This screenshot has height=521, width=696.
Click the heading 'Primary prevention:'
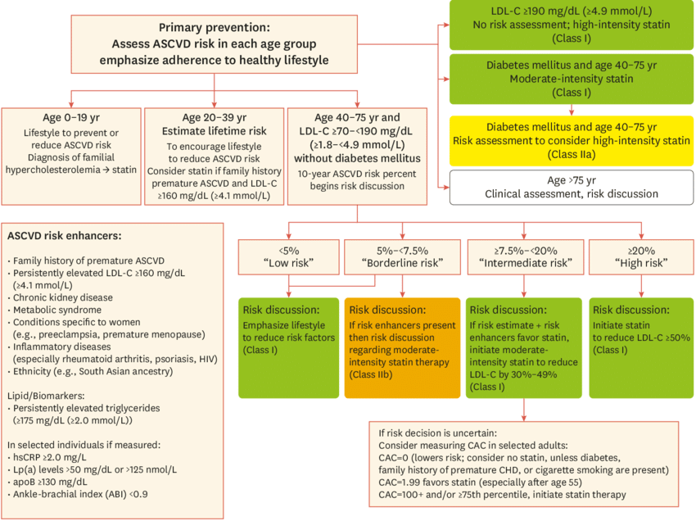(214, 28)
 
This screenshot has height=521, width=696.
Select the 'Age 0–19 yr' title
(71, 118)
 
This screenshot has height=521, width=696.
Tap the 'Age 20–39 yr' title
(214, 118)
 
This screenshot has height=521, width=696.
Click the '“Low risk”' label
(288, 263)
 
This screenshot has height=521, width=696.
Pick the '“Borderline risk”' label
(402, 263)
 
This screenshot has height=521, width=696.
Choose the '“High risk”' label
(641, 263)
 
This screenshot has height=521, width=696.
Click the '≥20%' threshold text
(641, 251)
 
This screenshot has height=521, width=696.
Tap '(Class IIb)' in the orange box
(371, 375)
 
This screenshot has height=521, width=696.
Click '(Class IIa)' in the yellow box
(572, 155)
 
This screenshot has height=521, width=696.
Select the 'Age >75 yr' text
(572, 180)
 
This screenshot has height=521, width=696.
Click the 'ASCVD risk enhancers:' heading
(65, 236)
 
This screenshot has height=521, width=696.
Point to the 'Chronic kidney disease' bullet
(62, 297)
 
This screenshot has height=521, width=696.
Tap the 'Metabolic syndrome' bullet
(56, 310)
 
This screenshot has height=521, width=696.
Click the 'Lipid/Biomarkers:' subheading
(46, 396)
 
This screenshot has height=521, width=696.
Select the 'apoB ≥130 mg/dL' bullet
(50, 482)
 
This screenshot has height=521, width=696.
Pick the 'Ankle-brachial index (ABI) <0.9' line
(80, 494)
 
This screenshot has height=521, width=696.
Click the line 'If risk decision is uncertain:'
(438, 433)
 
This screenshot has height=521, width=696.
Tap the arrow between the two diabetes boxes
(572, 110)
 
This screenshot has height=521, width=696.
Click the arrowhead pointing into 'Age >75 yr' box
(446, 188)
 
